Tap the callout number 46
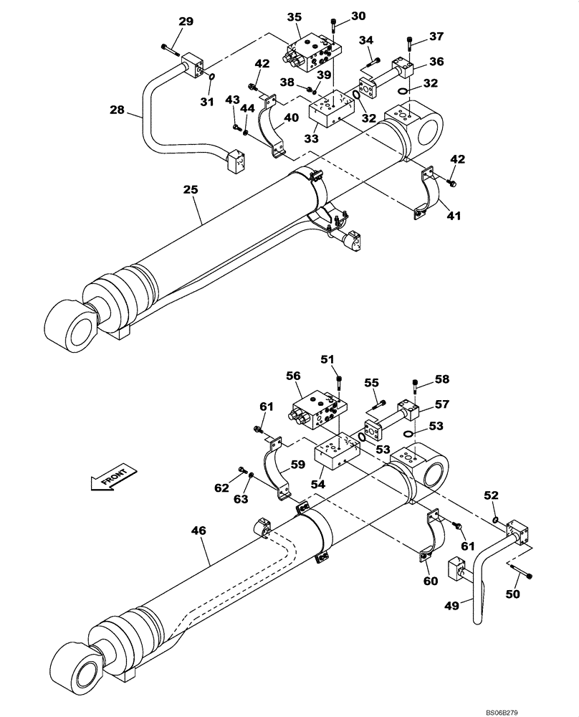click(x=198, y=531)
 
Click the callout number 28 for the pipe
click(x=118, y=110)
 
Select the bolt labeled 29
click(x=171, y=49)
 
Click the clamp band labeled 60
click(x=431, y=533)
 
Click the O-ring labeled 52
click(x=495, y=519)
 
